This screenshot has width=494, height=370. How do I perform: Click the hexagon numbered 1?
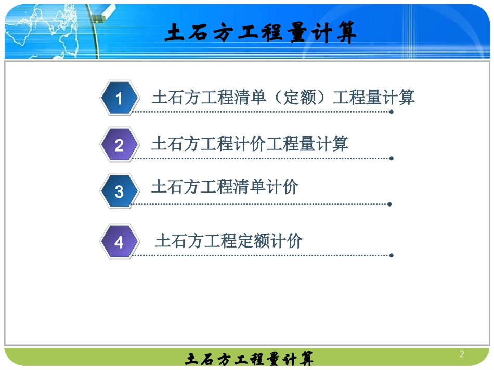click(119, 98)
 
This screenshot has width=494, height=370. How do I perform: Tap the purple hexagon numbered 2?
click(119, 145)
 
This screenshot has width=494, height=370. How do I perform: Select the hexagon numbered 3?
click(119, 191)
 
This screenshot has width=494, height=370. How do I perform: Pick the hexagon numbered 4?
click(119, 242)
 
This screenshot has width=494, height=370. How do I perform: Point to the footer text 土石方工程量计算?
click(249, 359)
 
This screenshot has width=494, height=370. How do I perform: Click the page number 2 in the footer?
click(462, 354)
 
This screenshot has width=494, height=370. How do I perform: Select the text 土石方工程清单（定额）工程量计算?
click(283, 98)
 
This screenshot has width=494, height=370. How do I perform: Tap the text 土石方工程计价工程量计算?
click(250, 144)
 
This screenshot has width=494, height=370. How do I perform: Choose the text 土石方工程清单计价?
click(225, 186)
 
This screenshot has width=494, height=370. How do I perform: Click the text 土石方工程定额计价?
click(229, 241)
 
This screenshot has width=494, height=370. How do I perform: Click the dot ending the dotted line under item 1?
click(391, 112)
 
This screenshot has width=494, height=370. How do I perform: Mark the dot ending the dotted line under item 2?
click(391, 158)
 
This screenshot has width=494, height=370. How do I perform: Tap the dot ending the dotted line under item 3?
click(389, 204)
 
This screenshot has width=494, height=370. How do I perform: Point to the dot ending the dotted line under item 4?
click(391, 255)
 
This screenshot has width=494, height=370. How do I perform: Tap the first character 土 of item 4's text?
click(162, 241)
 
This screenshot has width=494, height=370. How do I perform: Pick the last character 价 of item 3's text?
click(291, 186)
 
